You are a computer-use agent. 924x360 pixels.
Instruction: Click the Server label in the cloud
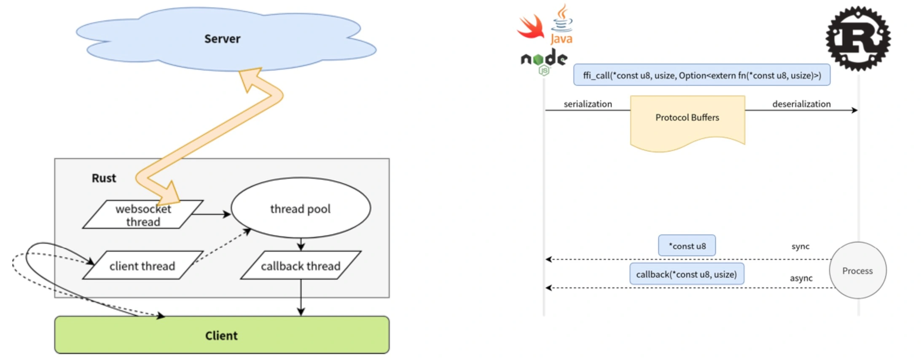point(222,39)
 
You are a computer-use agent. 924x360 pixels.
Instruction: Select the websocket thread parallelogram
point(143,215)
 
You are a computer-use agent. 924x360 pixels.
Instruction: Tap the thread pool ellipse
point(301,208)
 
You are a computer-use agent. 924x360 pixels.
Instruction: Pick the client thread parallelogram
point(142,266)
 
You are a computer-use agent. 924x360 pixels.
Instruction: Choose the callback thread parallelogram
point(301,266)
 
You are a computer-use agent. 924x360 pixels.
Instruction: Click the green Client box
point(222,335)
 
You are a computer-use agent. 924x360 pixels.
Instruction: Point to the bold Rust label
point(104,178)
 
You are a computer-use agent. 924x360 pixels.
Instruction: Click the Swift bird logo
point(531,27)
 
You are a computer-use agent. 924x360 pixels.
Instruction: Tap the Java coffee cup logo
point(562,24)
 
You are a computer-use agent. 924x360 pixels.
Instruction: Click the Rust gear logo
point(858,38)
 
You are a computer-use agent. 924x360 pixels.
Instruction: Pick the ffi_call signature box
point(702,75)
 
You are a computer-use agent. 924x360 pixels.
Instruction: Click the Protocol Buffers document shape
point(688,121)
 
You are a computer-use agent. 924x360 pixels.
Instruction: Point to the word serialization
point(588,104)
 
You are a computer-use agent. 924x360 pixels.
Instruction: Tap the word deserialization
point(801,104)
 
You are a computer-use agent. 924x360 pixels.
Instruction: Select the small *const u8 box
point(687,246)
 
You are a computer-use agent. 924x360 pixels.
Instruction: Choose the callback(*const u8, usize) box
point(687,274)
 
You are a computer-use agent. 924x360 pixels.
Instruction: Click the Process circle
point(857,271)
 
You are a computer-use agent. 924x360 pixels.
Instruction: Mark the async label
point(801,278)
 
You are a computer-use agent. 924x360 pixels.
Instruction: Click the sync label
point(800,247)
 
